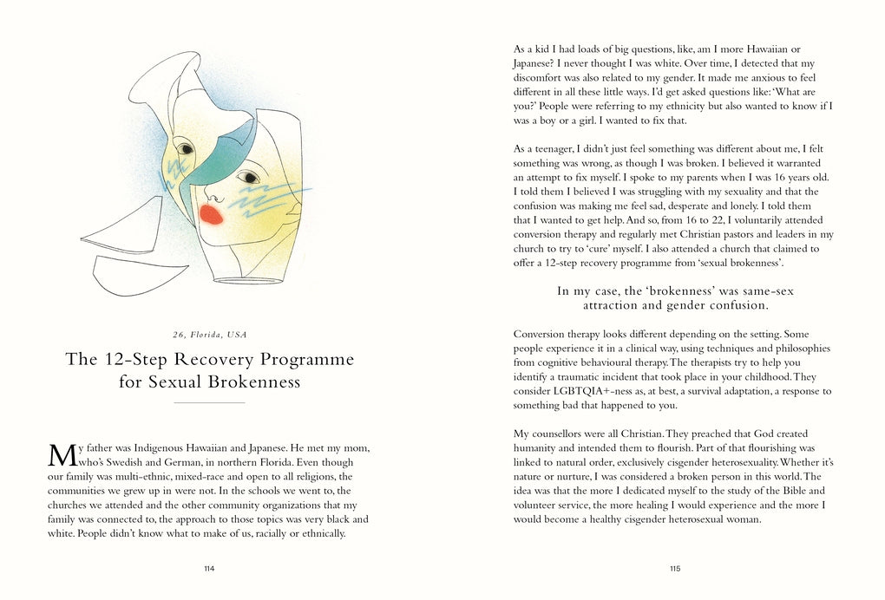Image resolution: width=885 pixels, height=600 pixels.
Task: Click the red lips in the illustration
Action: click(x=211, y=213)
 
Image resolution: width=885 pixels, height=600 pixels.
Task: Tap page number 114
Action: click(x=209, y=569)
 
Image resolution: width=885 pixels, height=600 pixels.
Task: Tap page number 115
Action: click(x=675, y=569)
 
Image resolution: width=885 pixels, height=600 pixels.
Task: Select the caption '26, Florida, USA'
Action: click(x=209, y=335)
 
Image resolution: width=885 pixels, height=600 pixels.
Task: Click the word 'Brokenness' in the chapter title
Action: click(x=254, y=382)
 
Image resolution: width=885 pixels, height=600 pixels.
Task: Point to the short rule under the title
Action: click(x=209, y=403)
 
